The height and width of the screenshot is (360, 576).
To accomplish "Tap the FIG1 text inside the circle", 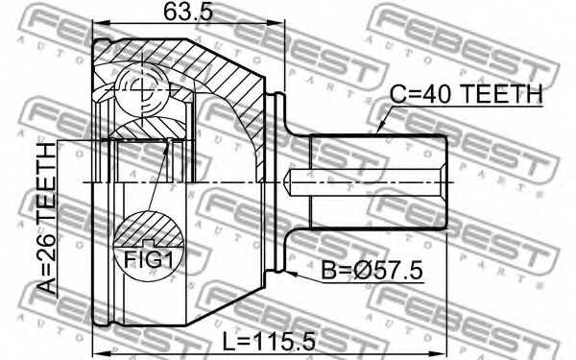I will tap(146, 258).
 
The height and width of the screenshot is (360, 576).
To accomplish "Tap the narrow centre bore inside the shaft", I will tap(365, 181).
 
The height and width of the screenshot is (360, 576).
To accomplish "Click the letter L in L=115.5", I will tap(214, 341).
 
